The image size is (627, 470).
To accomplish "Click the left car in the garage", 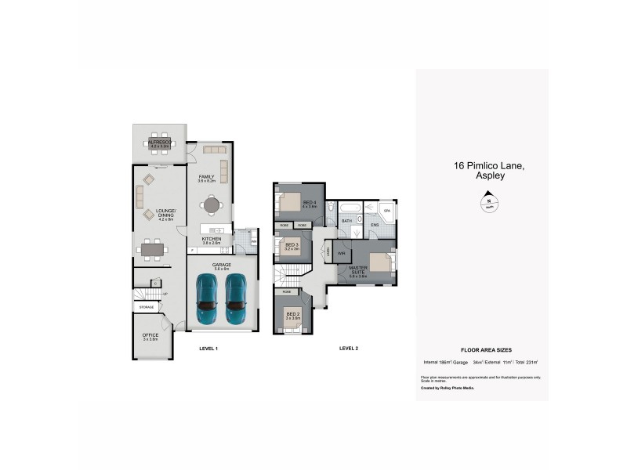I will tap(207, 300).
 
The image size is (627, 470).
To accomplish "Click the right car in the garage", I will tap(237, 300).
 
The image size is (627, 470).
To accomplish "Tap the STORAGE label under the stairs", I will tap(147, 308).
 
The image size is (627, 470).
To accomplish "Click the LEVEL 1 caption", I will tap(208, 348).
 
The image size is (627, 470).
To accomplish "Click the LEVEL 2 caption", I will tap(348, 348).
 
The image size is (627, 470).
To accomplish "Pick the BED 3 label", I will tap(292, 246).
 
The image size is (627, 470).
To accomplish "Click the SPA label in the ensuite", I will tap(387, 211).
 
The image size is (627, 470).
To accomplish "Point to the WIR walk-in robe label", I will tap(342, 254).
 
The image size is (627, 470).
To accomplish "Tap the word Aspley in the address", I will tap(490, 176).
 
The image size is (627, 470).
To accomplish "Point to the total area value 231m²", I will tap(531, 362).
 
